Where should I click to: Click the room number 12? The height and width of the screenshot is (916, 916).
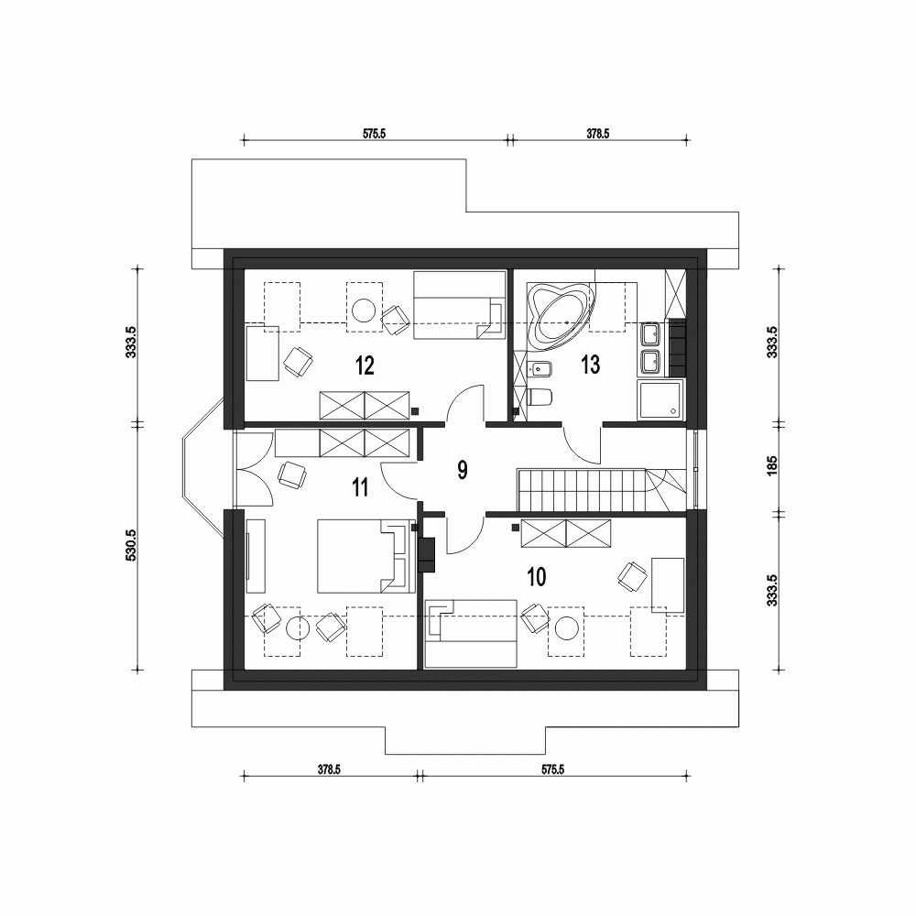tap(365, 366)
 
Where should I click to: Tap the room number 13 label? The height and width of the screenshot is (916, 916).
tap(590, 365)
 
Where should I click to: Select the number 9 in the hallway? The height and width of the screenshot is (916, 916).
tap(463, 470)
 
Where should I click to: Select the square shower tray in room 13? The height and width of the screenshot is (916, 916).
tap(660, 400)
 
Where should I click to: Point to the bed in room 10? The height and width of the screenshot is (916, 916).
tap(472, 632)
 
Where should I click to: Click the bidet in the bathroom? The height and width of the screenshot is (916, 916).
tap(539, 370)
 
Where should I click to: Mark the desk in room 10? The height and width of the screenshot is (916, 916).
tap(667, 583)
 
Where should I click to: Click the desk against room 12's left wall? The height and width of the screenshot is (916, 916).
tap(263, 352)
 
